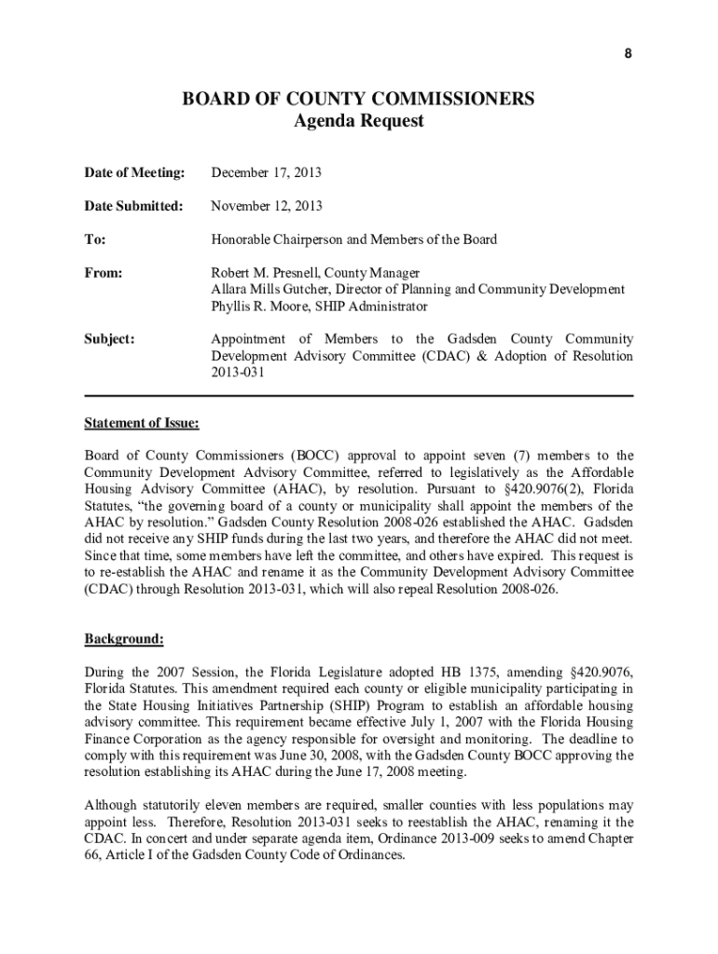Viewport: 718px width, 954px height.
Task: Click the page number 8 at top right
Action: tap(628, 53)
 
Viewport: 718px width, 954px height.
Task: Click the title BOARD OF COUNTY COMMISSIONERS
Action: tap(358, 99)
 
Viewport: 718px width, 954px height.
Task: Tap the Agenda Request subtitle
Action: tap(358, 121)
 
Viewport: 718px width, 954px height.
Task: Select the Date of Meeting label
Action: tap(134, 172)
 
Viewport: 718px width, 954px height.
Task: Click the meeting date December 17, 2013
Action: tap(267, 172)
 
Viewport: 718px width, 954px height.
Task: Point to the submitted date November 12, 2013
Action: tap(267, 206)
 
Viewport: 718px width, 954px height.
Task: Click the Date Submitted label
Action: tap(134, 206)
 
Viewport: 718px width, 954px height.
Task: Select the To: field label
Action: tap(95, 239)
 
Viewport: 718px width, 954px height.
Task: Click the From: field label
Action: tap(104, 273)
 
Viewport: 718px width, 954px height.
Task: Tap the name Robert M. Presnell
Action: tap(262, 273)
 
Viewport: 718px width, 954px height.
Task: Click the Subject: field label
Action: tap(110, 340)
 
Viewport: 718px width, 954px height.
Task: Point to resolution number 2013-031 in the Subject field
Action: tap(239, 374)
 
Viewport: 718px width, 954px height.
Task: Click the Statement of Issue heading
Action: tap(142, 424)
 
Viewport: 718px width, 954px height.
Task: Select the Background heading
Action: tap(125, 639)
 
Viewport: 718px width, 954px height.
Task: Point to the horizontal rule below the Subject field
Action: tap(358, 396)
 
